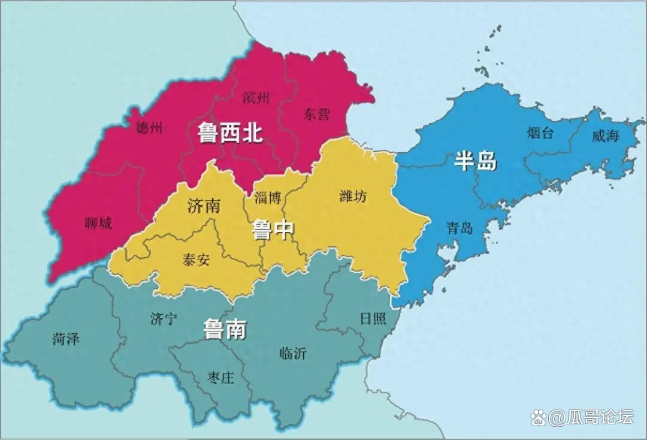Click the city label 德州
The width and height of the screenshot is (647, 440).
pyautogui.click(x=149, y=127)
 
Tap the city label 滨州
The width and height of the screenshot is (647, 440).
pyautogui.click(x=256, y=97)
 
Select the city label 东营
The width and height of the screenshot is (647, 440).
pyautogui.click(x=316, y=114)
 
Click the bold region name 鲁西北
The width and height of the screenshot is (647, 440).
pyautogui.click(x=231, y=133)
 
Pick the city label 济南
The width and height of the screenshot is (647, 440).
pyautogui.click(x=204, y=206)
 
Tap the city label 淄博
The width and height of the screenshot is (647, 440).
pyautogui.click(x=267, y=198)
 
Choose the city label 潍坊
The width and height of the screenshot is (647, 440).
pyautogui.click(x=353, y=196)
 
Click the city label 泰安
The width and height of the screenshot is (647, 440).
pyautogui.click(x=196, y=259)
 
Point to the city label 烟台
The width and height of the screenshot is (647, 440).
pyautogui.click(x=540, y=132)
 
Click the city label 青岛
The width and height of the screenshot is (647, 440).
pyautogui.click(x=460, y=228)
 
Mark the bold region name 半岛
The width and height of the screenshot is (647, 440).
pyautogui.click(x=476, y=161)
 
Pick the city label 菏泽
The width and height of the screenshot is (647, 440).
pyautogui.click(x=66, y=339)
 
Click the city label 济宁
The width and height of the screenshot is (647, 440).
pyautogui.click(x=164, y=319)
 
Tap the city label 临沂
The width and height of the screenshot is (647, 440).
pyautogui.click(x=293, y=354)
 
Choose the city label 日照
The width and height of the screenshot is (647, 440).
pyautogui.click(x=373, y=318)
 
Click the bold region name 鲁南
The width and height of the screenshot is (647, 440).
pyautogui.click(x=225, y=329)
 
